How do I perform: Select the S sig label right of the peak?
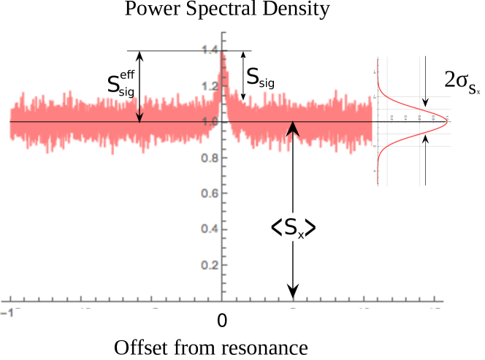pos(261,77)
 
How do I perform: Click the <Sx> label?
pos(293,228)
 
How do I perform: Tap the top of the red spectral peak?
pos(222,53)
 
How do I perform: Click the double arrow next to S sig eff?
pos(140,86)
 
